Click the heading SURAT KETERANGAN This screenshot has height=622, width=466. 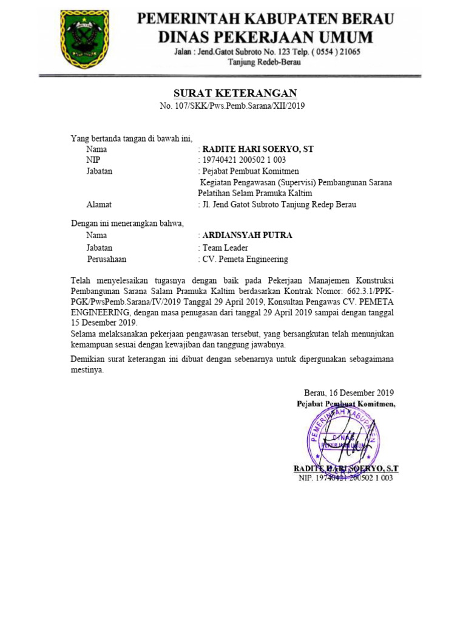tap(235, 93)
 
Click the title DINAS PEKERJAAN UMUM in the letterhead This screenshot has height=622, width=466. tap(266, 36)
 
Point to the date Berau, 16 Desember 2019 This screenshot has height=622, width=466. tap(349, 393)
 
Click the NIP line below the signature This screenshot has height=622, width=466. tap(346, 478)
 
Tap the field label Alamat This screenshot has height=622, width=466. tap(99, 204)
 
